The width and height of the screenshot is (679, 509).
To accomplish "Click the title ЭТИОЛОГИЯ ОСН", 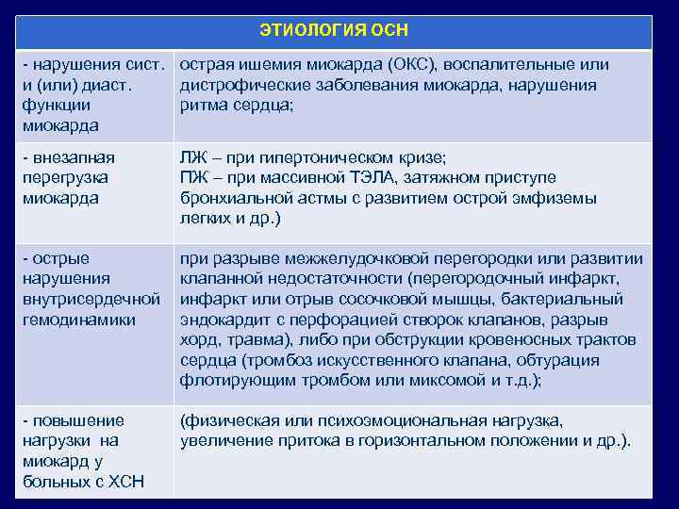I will pos(334,30).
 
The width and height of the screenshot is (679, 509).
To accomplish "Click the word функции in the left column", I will pos(57,106).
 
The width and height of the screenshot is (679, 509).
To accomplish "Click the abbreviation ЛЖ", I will pos(192,157).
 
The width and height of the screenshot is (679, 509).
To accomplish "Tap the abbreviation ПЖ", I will pos(192,178).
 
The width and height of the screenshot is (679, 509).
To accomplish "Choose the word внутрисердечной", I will pos(91,300).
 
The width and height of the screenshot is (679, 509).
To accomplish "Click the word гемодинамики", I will pos(75,320).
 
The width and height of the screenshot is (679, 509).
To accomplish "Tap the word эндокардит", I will pos(222,320).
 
